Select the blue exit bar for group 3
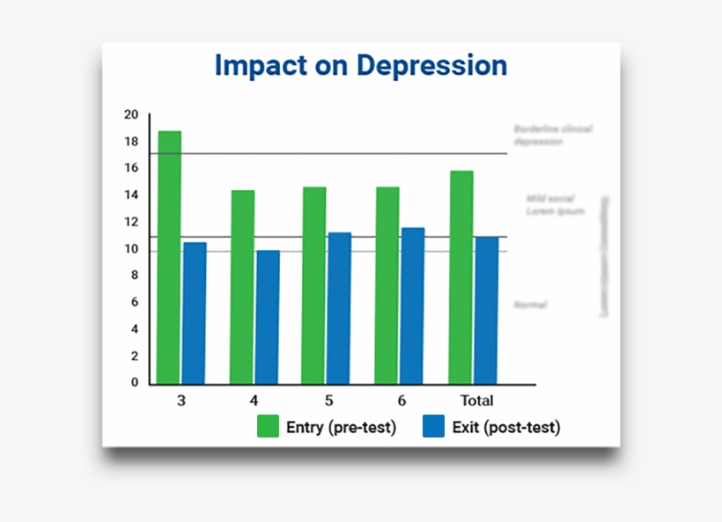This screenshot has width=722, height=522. [195, 312]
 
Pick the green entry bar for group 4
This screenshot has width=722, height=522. [243, 287]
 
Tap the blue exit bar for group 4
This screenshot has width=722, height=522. [268, 317]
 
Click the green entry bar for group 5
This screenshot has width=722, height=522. [314, 285]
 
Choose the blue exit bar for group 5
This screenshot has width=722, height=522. [340, 308]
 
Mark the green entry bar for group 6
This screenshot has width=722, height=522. [387, 285]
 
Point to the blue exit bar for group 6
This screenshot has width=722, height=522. [413, 305]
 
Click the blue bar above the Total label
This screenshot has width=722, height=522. [486, 310]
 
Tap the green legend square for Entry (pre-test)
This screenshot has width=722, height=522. [268, 427]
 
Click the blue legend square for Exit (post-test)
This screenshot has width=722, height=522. [434, 427]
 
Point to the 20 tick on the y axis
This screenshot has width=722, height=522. [131, 114]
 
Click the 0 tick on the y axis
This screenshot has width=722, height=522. [135, 383]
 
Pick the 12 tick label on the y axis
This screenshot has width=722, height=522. [131, 222]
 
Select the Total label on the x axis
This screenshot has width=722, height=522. [476, 401]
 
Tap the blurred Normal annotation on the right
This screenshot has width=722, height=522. [531, 305]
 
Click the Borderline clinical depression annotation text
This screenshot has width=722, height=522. [552, 135]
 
